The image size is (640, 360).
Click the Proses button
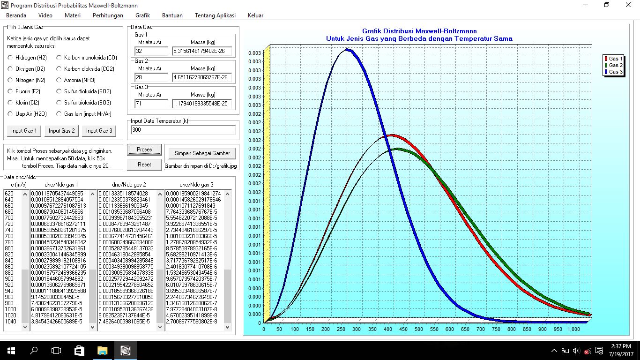[x=144, y=150]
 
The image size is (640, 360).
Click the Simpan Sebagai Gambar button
[x=202, y=153]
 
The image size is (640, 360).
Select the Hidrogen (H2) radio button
[x=10, y=58]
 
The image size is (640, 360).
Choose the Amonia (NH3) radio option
[x=59, y=80]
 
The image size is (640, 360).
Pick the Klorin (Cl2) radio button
[x=10, y=102]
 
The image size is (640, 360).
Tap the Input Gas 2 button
[x=61, y=131]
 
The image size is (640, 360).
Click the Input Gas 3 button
[x=99, y=131]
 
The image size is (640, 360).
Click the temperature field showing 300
[x=183, y=130]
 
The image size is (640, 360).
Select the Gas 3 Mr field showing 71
[x=151, y=104]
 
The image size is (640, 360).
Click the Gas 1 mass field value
[x=202, y=51]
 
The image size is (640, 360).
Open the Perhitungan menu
[x=108, y=15]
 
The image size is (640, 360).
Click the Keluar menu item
[x=255, y=15]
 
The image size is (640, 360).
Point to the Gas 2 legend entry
[x=613, y=65]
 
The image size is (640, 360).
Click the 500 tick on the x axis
[x=418, y=329]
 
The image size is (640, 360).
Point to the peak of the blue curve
[x=347, y=50]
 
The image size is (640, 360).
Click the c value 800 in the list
[x=9, y=248]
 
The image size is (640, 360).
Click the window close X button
[x=628, y=5]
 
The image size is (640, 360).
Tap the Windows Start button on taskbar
[x=11, y=351]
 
